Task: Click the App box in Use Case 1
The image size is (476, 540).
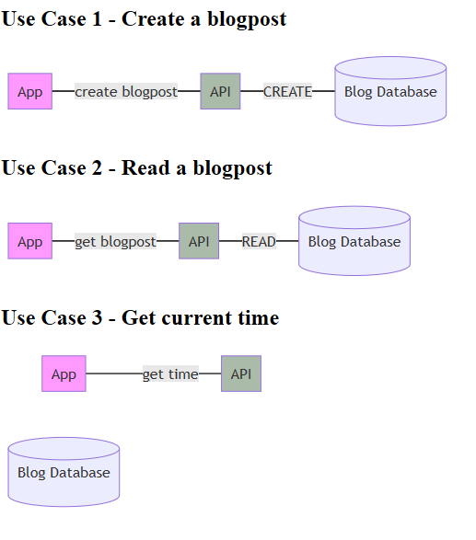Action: pyautogui.click(x=30, y=91)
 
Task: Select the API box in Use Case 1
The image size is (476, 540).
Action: pyautogui.click(x=220, y=91)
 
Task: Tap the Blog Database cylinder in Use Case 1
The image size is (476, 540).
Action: pyautogui.click(x=390, y=91)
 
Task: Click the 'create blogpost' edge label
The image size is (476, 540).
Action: pyautogui.click(x=126, y=91)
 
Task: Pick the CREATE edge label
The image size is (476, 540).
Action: pyautogui.click(x=287, y=91)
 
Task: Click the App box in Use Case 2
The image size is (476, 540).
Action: pyautogui.click(x=30, y=241)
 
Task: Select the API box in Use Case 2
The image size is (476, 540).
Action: pyautogui.click(x=199, y=241)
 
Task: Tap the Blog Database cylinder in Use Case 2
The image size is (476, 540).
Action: pyautogui.click(x=354, y=241)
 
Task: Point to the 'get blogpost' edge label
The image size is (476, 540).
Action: pyautogui.click(x=115, y=241)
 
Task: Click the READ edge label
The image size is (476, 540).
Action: pyautogui.click(x=259, y=241)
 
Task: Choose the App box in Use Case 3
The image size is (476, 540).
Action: pyautogui.click(x=64, y=373)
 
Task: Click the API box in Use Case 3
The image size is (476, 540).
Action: pyautogui.click(x=240, y=373)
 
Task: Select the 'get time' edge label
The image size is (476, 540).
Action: pyautogui.click(x=170, y=373)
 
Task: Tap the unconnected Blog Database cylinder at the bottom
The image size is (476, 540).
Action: pyautogui.click(x=64, y=472)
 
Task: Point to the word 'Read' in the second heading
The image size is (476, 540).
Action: pyautogui.click(x=143, y=167)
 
